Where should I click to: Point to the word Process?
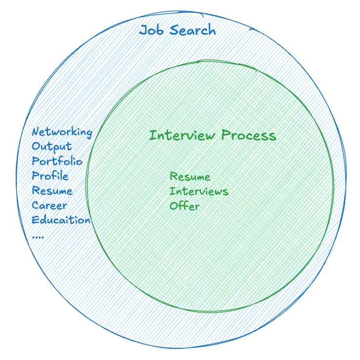coord(248,135)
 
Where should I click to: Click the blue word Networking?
coord(62,132)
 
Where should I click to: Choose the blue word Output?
coord(52,146)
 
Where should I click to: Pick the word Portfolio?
coord(57,161)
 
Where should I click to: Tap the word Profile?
coord(50,176)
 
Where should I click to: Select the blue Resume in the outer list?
coord(52,191)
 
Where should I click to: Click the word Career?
coord(50,205)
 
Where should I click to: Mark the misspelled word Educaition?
coord(61,220)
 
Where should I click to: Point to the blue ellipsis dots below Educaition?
coord(38,236)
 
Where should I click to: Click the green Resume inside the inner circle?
coord(190,177)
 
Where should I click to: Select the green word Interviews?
coord(199,191)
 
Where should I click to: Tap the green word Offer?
coord(185,206)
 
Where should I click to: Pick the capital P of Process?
coord(225,135)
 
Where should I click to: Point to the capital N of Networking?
coord(36,132)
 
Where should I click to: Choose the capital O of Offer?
coord(174,206)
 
